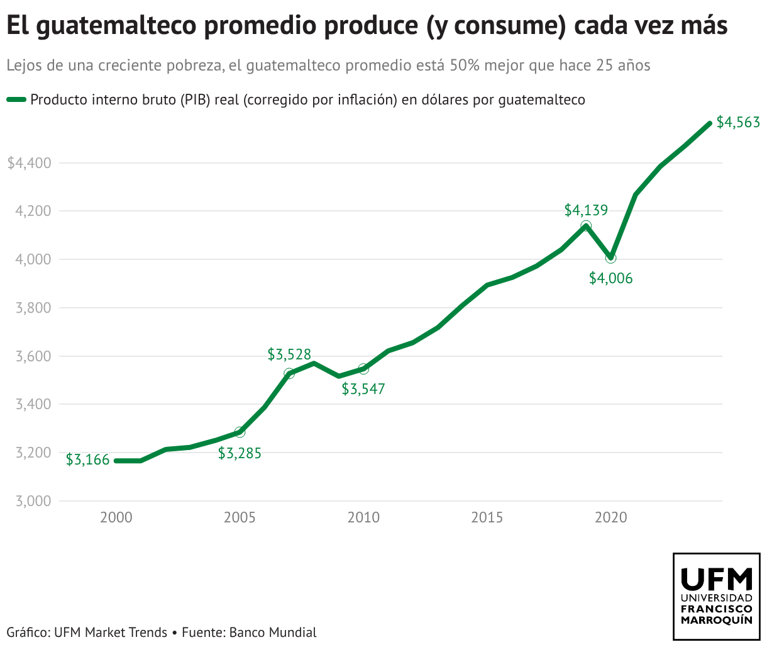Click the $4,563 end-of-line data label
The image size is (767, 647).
(x=738, y=123)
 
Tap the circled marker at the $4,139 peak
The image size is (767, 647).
(x=586, y=226)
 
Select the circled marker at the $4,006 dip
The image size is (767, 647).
(x=610, y=257)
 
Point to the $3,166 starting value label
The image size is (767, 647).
(x=88, y=460)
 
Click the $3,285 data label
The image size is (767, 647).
(x=240, y=453)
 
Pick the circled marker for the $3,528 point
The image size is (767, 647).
(x=289, y=374)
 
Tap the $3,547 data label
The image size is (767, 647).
(x=363, y=389)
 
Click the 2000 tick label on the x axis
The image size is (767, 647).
(x=116, y=517)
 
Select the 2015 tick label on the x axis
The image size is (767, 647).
(x=487, y=517)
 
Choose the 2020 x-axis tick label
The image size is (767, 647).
(x=610, y=517)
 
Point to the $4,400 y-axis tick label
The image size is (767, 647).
(x=29, y=163)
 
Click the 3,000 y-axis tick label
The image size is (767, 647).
(x=33, y=501)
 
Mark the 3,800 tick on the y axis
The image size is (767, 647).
(x=33, y=308)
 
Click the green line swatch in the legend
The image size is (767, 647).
(x=16, y=99)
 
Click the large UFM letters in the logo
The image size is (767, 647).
(x=717, y=578)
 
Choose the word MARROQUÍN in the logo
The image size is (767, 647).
(x=717, y=620)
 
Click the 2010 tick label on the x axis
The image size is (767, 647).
(x=363, y=517)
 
